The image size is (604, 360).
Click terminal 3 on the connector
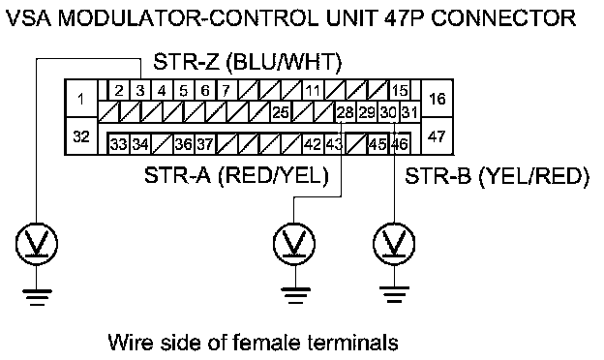coord(140,91)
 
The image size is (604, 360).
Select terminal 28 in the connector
coord(346,112)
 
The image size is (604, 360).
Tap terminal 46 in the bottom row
coord(400,144)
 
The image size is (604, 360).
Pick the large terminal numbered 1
coord(81,99)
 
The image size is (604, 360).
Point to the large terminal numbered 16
coord(438,99)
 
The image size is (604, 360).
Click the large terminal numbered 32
coord(81,136)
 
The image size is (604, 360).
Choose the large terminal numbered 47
coord(438,136)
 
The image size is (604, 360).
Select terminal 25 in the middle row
coord(281,112)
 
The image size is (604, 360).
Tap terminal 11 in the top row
coord(313,91)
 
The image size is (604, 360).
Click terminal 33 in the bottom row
coord(119,144)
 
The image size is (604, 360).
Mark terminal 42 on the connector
coord(313,144)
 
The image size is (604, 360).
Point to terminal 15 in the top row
coord(400,91)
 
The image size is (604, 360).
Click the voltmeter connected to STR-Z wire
coord(37,244)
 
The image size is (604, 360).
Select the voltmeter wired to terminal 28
coord(294,244)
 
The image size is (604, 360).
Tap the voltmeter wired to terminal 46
coord(394,244)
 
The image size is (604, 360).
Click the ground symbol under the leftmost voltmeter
coord(37,297)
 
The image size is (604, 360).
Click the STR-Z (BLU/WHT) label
coord(247,62)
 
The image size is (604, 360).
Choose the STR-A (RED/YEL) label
coord(236,176)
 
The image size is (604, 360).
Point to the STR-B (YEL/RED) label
coord(497,176)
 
